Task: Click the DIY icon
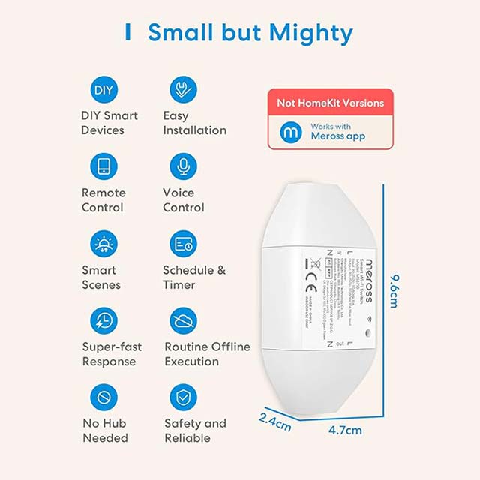[x=103, y=90]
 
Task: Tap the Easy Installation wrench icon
[x=183, y=90]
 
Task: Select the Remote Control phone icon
[x=103, y=166]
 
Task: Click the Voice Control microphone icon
[x=183, y=166]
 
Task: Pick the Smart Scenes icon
[x=103, y=244]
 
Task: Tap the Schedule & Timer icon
[x=183, y=244]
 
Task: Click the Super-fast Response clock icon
[x=103, y=321]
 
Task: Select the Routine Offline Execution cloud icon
[x=183, y=321]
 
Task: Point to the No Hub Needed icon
[x=103, y=397]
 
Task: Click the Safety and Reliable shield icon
[x=183, y=397]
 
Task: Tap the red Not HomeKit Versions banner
[x=331, y=103]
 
